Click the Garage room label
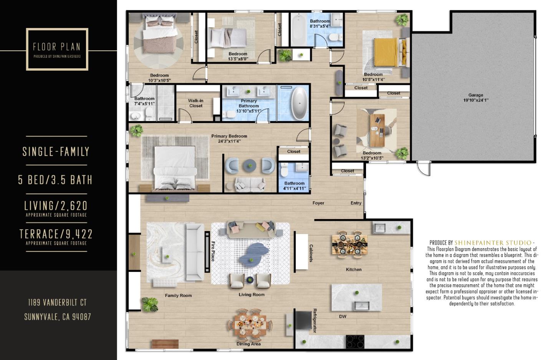pyautogui.click(x=475, y=95)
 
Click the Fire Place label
pyautogui.click(x=213, y=251)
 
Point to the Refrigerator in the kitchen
pyautogui.click(x=303, y=320)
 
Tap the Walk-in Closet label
pyautogui.click(x=195, y=103)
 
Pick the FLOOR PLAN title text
pyautogui.click(x=57, y=47)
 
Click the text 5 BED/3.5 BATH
pyautogui.click(x=55, y=180)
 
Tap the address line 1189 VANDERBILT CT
pyautogui.click(x=57, y=303)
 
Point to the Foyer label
pyautogui.click(x=318, y=203)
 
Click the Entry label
pyautogui.click(x=356, y=203)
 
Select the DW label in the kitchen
pyautogui.click(x=343, y=317)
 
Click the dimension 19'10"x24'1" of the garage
pyautogui.click(x=475, y=100)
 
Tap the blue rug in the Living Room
pyautogui.click(x=252, y=254)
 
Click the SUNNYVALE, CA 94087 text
pyautogui.click(x=58, y=317)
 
